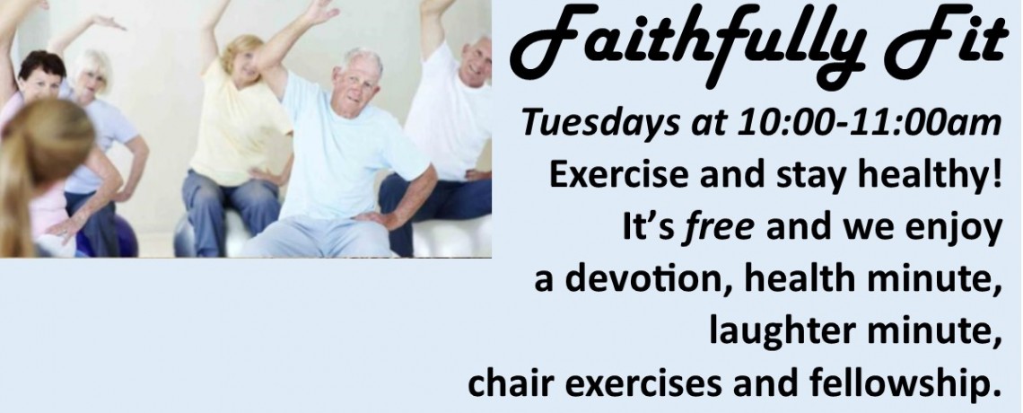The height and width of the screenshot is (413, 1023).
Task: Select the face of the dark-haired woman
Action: pos(41,82)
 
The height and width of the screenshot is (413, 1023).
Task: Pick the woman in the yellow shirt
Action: pos(236,130)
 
